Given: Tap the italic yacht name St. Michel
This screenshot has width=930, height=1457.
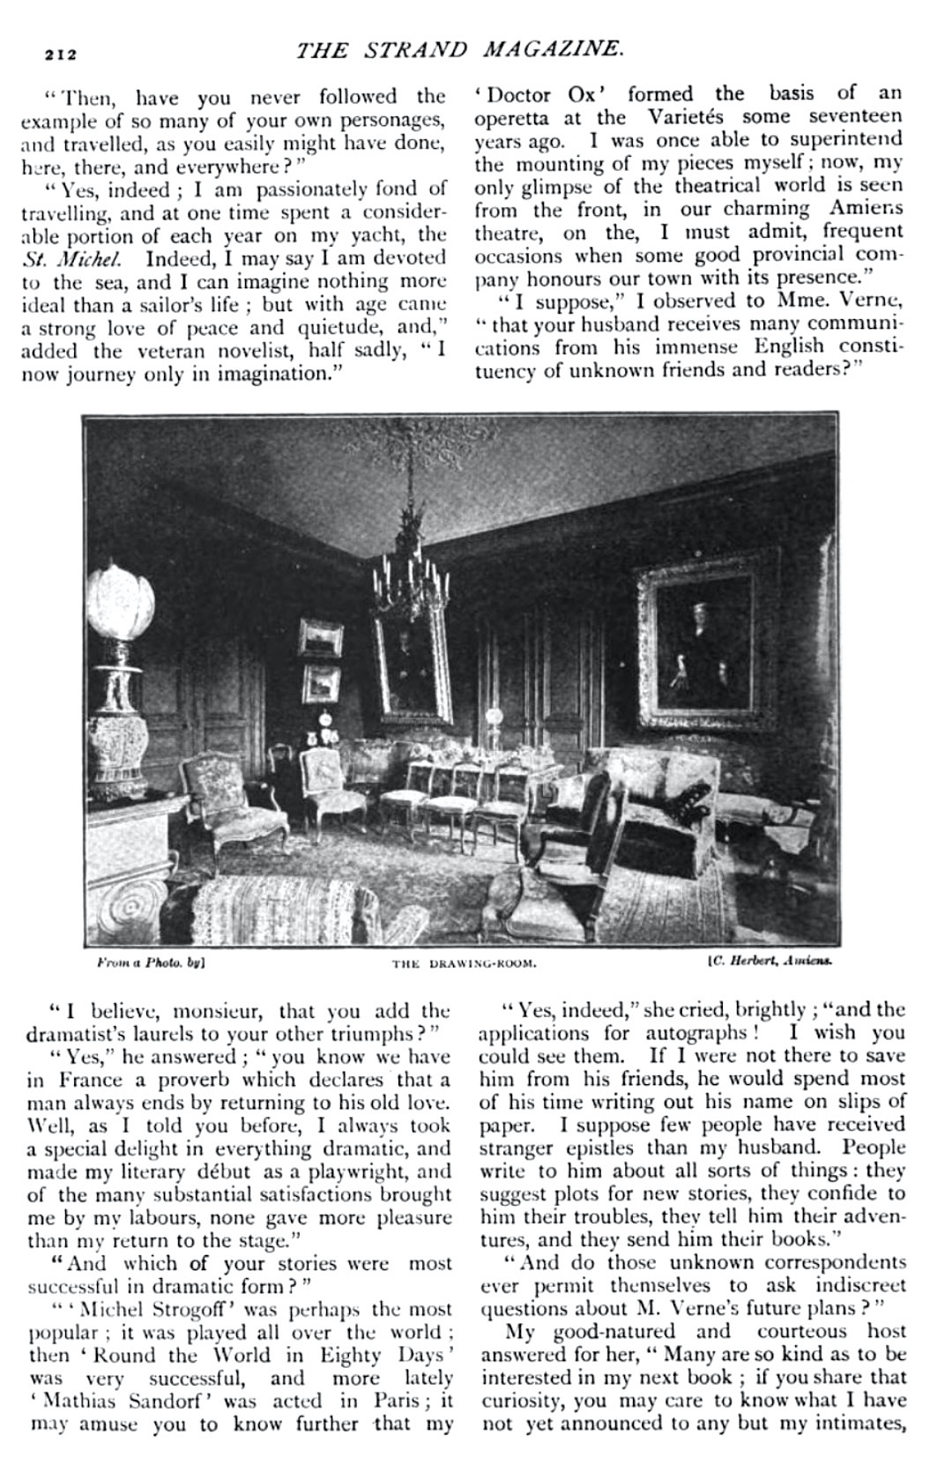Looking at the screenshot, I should click(x=78, y=258).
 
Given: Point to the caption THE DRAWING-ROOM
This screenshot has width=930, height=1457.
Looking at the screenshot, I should click(x=464, y=963).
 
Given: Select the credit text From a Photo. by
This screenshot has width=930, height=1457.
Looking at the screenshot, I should click(x=150, y=963).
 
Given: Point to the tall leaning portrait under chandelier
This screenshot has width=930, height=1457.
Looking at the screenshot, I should click(x=411, y=661).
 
